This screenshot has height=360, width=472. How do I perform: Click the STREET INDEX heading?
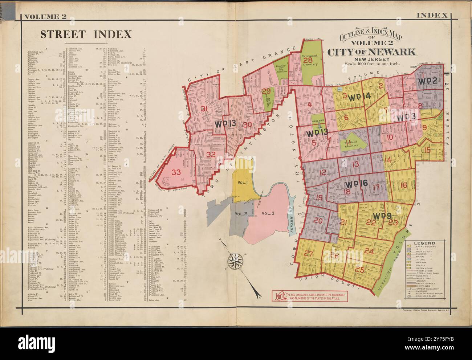[x=86, y=34]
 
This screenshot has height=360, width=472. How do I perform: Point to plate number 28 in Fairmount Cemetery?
[x=308, y=60]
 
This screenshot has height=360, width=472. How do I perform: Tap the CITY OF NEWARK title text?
[x=372, y=52]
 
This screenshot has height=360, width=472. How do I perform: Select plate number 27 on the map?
[x=309, y=254]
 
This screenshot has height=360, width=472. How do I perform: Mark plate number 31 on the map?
[x=204, y=108]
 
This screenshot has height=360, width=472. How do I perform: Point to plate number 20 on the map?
[x=318, y=221]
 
